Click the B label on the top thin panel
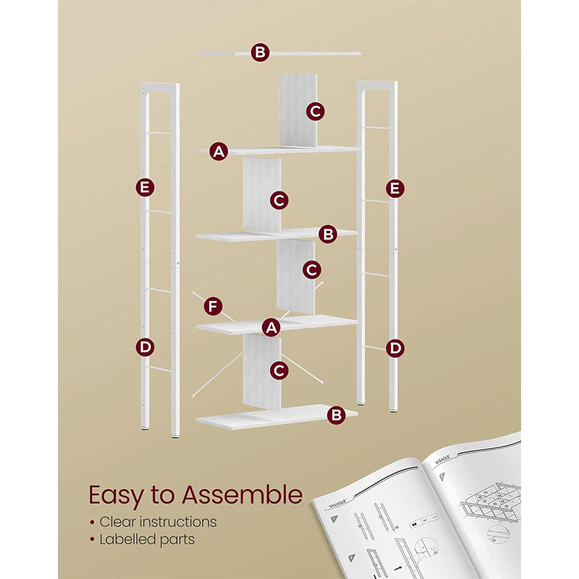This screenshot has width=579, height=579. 261,52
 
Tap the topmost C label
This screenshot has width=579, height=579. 314,111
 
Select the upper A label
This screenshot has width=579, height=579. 219,151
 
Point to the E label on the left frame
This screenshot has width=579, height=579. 145,187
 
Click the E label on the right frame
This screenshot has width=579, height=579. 394,188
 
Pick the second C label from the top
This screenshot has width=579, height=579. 280,200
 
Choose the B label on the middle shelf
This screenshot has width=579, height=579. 328,234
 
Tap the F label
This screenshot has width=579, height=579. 212,306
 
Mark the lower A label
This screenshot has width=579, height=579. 271,327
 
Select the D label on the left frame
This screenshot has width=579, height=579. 145,347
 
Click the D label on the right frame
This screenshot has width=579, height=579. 394,348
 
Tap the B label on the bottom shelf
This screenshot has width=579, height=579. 335,415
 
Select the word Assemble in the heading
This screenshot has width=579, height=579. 241,496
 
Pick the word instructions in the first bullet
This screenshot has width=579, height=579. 179,521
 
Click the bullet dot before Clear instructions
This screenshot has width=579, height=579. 92,522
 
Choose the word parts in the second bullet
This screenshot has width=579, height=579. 178,539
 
